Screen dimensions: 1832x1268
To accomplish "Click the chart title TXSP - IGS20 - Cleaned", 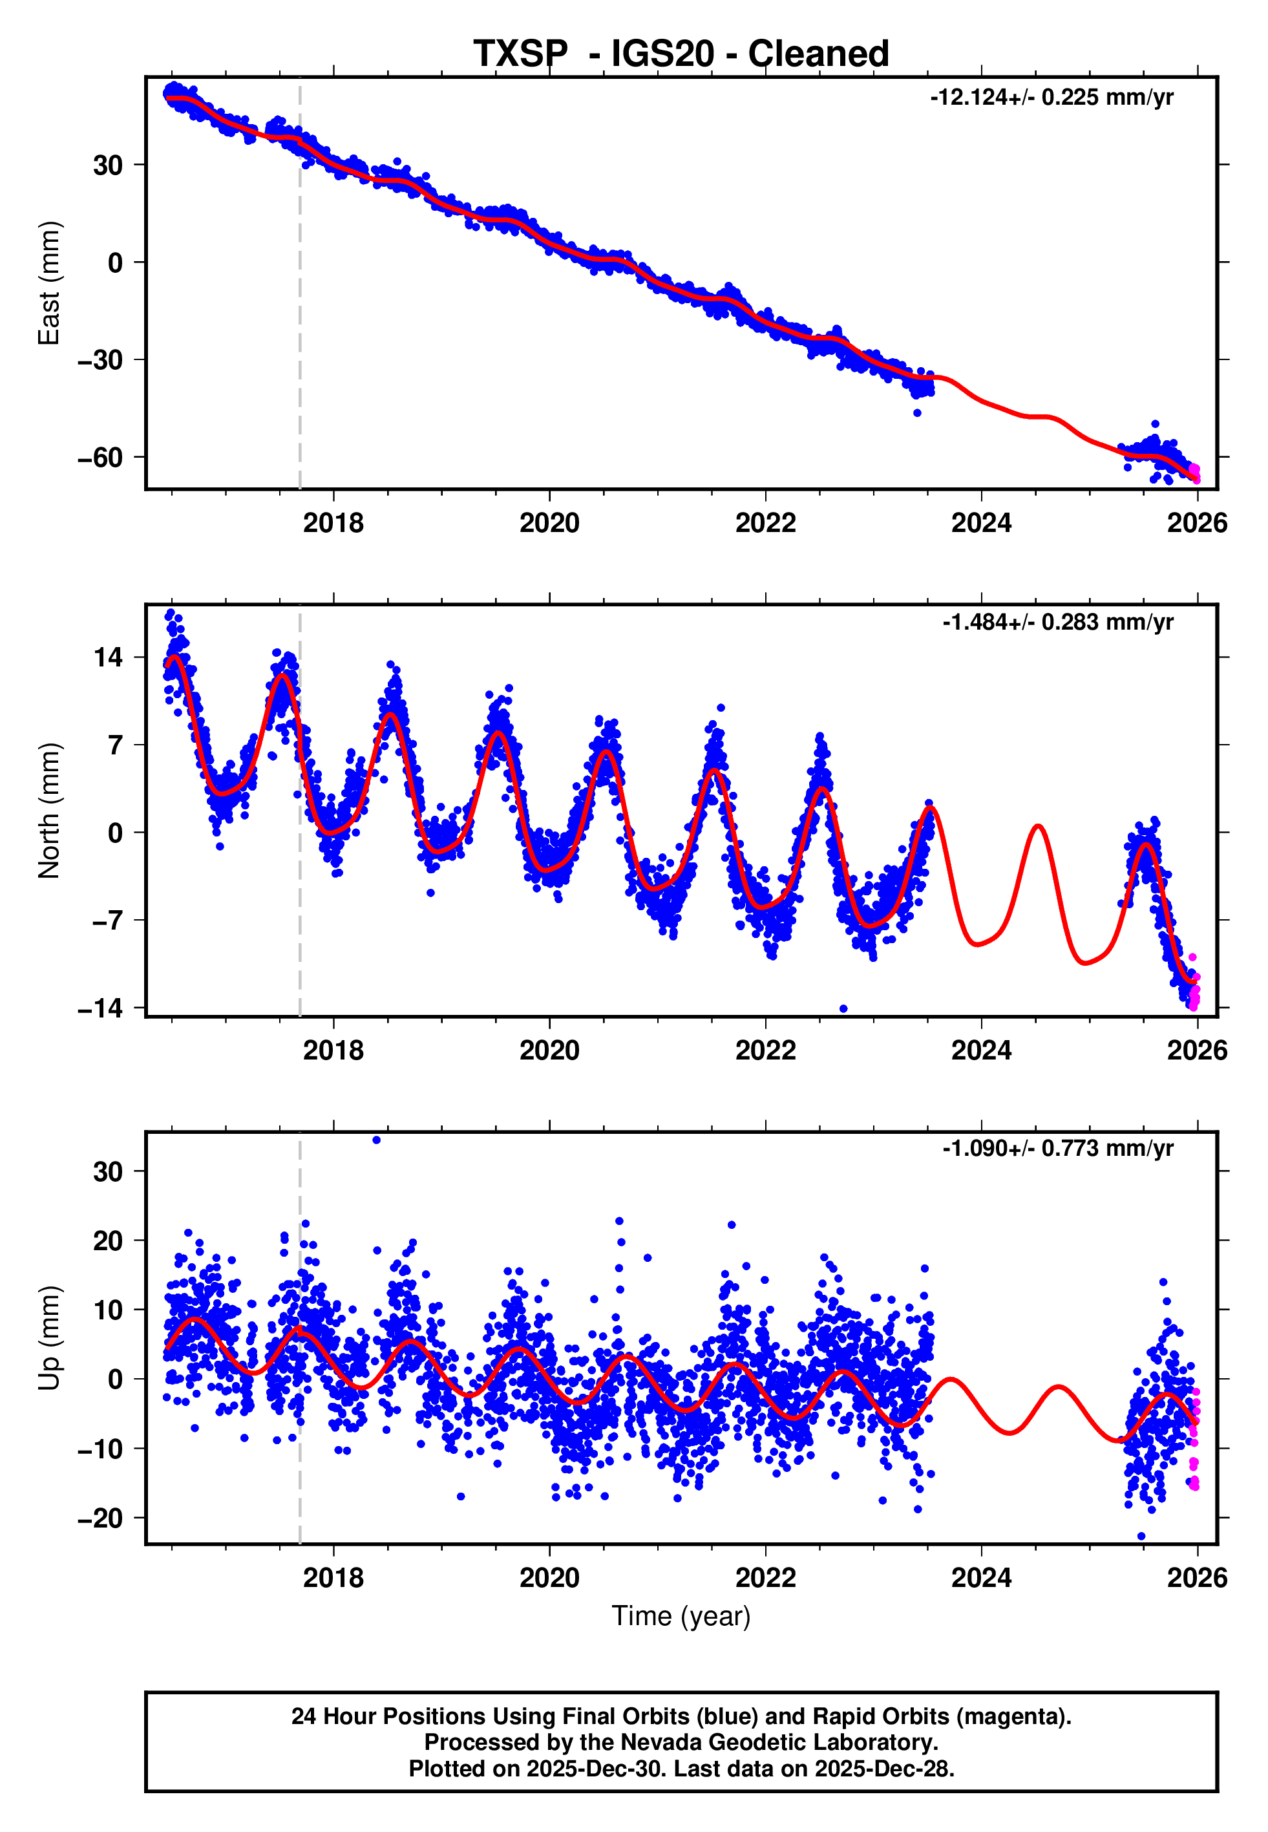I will coord(681,54).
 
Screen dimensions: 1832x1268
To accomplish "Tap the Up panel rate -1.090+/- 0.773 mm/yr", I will coord(1057,1149).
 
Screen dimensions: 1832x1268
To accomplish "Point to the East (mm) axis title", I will coord(49,283).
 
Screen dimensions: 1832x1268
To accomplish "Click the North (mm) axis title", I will coord(49,811).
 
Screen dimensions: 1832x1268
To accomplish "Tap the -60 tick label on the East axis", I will coord(100,458).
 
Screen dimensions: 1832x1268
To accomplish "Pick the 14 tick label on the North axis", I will coord(108,658).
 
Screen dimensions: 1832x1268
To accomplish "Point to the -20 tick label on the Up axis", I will coord(100,1518).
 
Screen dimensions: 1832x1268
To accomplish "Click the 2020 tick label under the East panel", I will coord(549,523).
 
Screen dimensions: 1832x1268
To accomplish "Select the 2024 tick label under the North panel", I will coord(981,1050).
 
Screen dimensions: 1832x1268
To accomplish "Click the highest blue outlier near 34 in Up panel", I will coord(377,1140).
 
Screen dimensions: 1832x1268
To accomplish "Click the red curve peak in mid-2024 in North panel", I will coord(1037,827).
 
